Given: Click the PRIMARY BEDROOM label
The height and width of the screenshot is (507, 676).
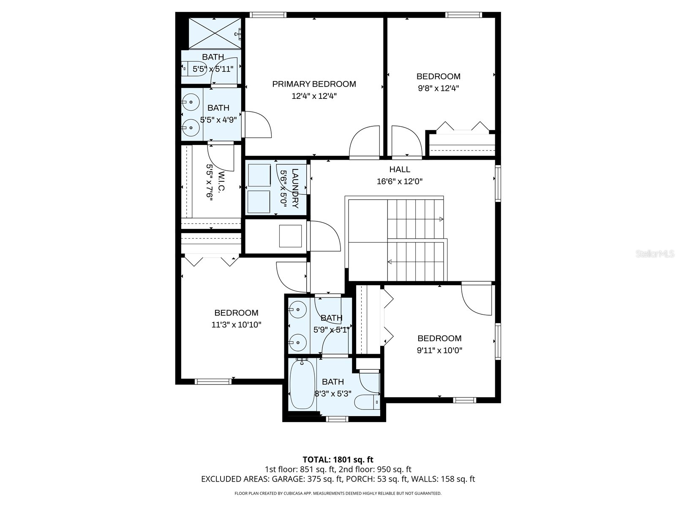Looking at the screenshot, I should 314,84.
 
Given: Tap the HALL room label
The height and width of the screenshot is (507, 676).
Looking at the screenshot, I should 399,169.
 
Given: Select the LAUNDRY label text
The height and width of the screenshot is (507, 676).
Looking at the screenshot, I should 295,188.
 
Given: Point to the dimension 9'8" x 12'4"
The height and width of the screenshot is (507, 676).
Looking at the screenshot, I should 438,88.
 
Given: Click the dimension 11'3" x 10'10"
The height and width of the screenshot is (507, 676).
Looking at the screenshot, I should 236,325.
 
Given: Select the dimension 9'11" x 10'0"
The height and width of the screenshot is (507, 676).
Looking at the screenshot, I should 439,350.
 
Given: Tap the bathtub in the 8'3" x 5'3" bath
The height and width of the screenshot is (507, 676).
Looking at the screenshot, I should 302,384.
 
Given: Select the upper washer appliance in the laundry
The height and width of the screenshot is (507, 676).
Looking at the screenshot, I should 259,174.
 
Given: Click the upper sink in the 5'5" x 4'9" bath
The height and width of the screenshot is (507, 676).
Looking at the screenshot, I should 192,101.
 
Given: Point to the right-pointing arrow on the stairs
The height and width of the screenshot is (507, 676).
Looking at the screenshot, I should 441,219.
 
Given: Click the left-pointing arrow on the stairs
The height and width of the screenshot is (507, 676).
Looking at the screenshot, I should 390,262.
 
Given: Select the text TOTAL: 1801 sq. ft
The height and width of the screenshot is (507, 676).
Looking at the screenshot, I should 338,459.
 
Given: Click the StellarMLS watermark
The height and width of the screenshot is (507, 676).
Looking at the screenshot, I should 655,254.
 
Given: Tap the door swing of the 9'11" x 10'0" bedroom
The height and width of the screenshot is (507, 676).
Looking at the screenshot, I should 477,300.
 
